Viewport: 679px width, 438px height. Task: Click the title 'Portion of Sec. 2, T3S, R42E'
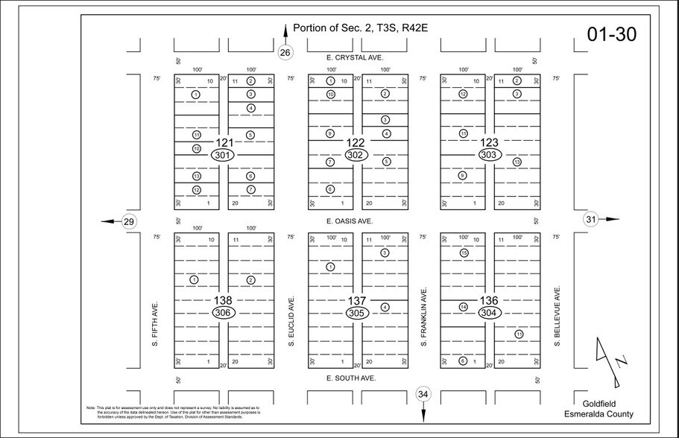point(359,28)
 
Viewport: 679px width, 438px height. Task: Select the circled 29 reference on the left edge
point(128,221)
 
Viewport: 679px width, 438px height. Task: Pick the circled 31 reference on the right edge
point(591,219)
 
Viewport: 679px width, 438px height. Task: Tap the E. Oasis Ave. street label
point(350,221)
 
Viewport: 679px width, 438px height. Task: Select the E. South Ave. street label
point(350,378)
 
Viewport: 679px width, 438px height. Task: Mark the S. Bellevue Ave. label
point(556,315)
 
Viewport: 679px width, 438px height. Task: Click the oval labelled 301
point(224,155)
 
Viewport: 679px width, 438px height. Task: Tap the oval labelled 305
point(356,314)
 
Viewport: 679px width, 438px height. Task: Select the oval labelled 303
point(488,155)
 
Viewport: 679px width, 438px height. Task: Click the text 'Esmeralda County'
point(604,414)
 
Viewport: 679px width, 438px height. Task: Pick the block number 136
point(488,300)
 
